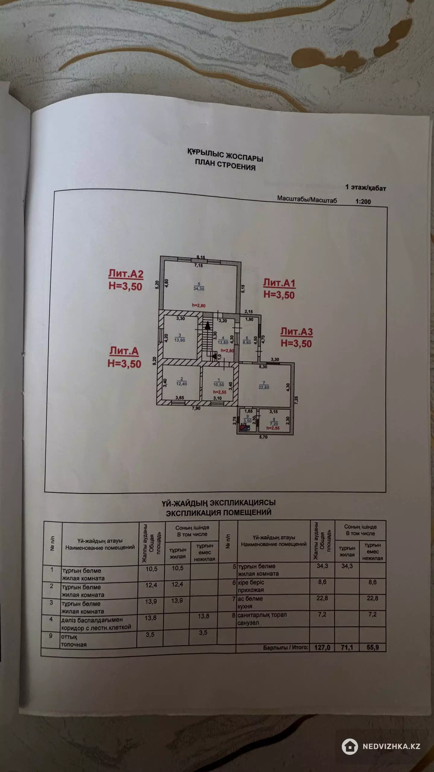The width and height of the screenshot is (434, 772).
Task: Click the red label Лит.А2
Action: click(126, 274)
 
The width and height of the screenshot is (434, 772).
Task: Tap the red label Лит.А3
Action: click(297, 331)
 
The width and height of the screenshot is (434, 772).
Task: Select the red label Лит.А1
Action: click(279, 283)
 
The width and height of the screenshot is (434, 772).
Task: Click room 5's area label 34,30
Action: click(199, 289)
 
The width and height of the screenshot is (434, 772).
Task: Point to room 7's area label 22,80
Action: click(264, 387)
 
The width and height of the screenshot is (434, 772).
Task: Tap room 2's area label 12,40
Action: click(182, 384)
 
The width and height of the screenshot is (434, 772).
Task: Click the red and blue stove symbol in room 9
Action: click(243, 427)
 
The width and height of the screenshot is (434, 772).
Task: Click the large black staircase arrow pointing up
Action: click(207, 325)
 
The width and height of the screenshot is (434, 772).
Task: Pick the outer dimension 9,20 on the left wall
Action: click(155, 361)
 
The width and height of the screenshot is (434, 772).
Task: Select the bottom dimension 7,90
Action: click(196, 408)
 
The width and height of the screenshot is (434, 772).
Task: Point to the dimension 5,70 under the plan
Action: click(263, 437)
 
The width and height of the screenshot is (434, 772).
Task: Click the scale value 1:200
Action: click(363, 202)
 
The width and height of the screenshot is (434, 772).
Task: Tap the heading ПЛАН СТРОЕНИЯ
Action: click(225, 165)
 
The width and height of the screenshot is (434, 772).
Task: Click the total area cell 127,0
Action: click(322, 647)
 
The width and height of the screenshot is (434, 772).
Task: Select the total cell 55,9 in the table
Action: click(373, 647)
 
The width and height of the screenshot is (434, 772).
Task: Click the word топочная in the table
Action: click(74, 644)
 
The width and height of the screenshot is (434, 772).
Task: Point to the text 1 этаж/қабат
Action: click(366, 188)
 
